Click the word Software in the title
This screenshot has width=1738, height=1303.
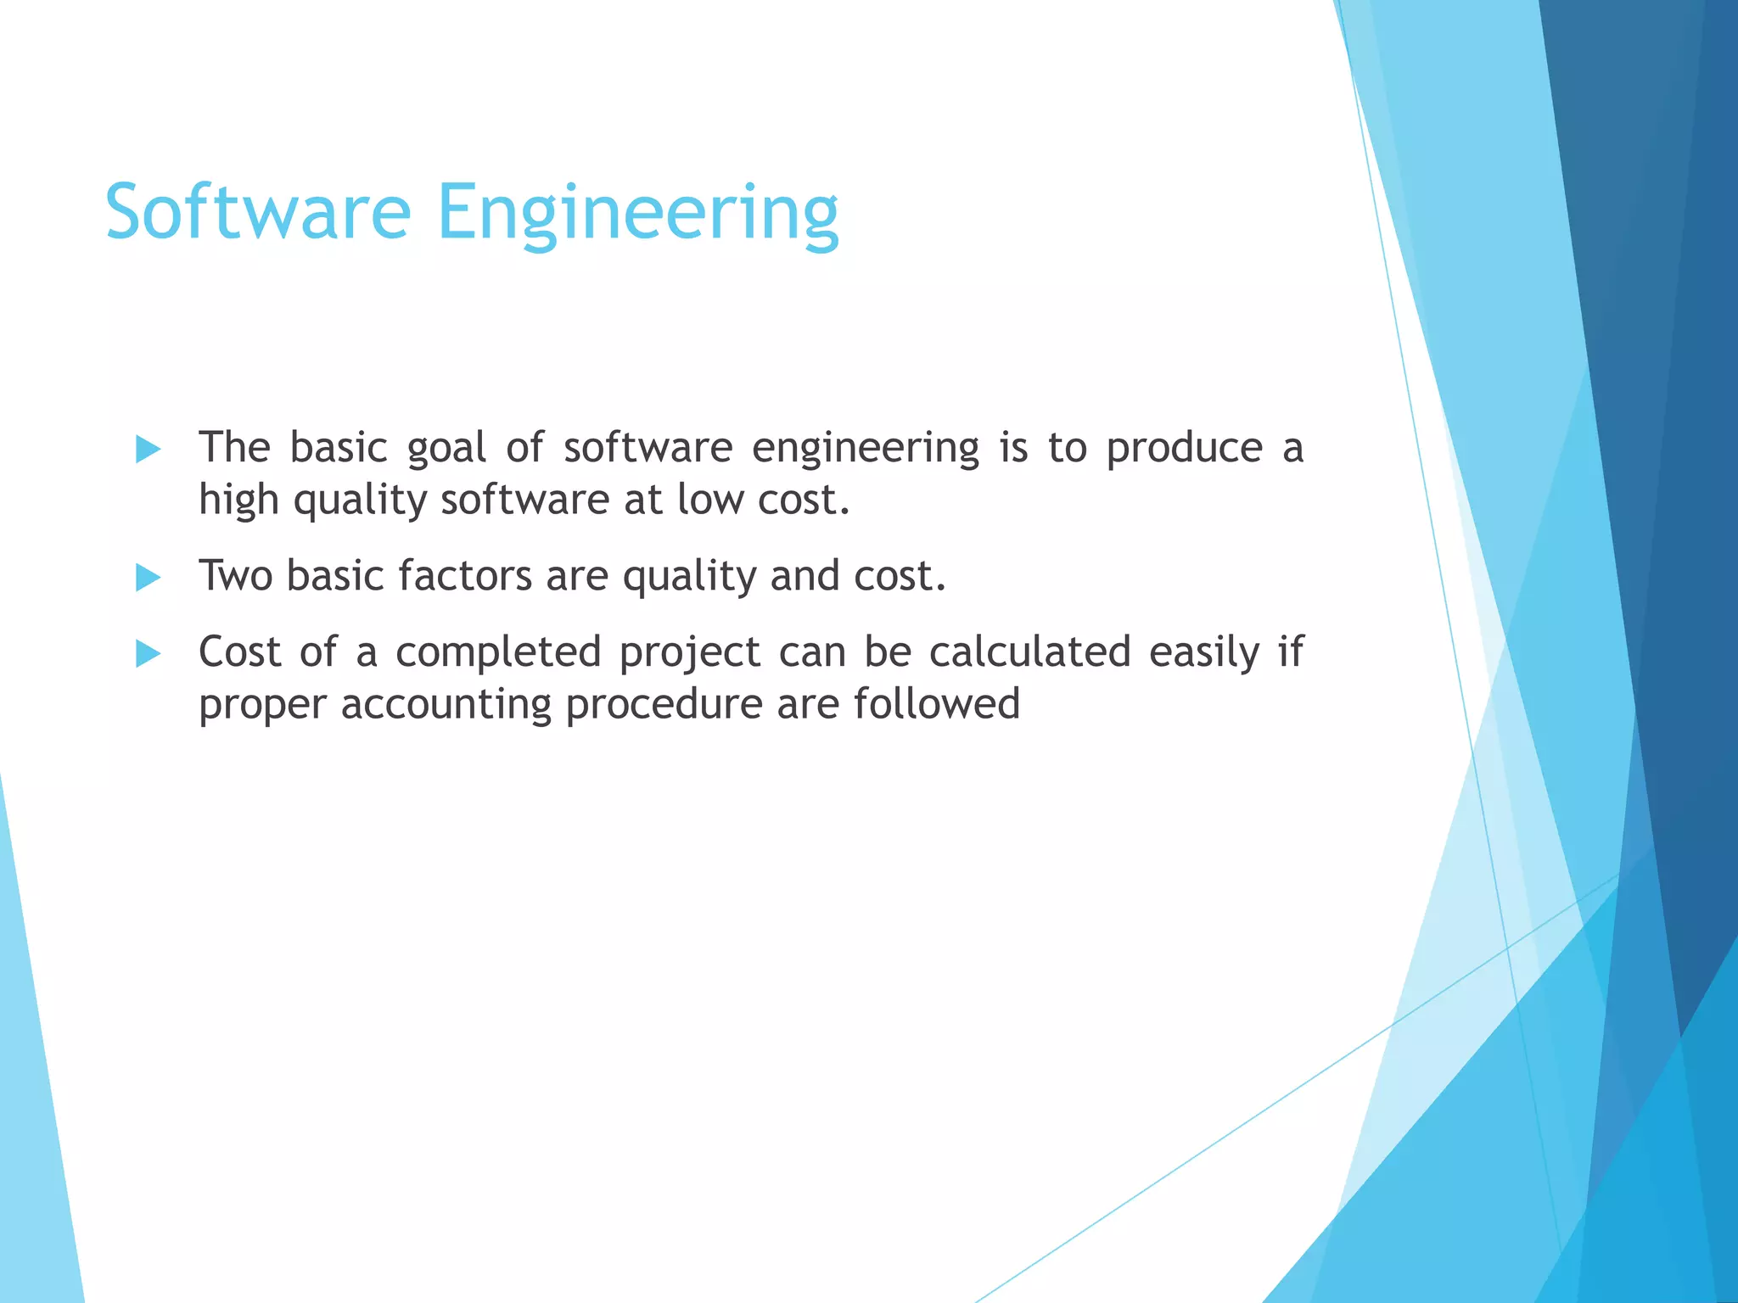(x=258, y=212)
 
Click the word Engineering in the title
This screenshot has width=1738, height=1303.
(x=637, y=214)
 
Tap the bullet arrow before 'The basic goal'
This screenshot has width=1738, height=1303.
(x=148, y=450)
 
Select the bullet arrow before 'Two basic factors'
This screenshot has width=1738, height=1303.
(x=148, y=579)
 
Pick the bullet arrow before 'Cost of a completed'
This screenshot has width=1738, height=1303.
(x=148, y=654)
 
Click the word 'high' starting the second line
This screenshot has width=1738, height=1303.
(x=238, y=501)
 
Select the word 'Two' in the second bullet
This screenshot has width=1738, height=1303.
(x=235, y=576)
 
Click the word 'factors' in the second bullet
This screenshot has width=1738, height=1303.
(x=465, y=576)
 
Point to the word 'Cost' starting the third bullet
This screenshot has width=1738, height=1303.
(x=239, y=652)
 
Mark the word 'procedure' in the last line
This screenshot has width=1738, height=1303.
(x=664, y=706)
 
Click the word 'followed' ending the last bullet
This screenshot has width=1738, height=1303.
(x=936, y=704)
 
